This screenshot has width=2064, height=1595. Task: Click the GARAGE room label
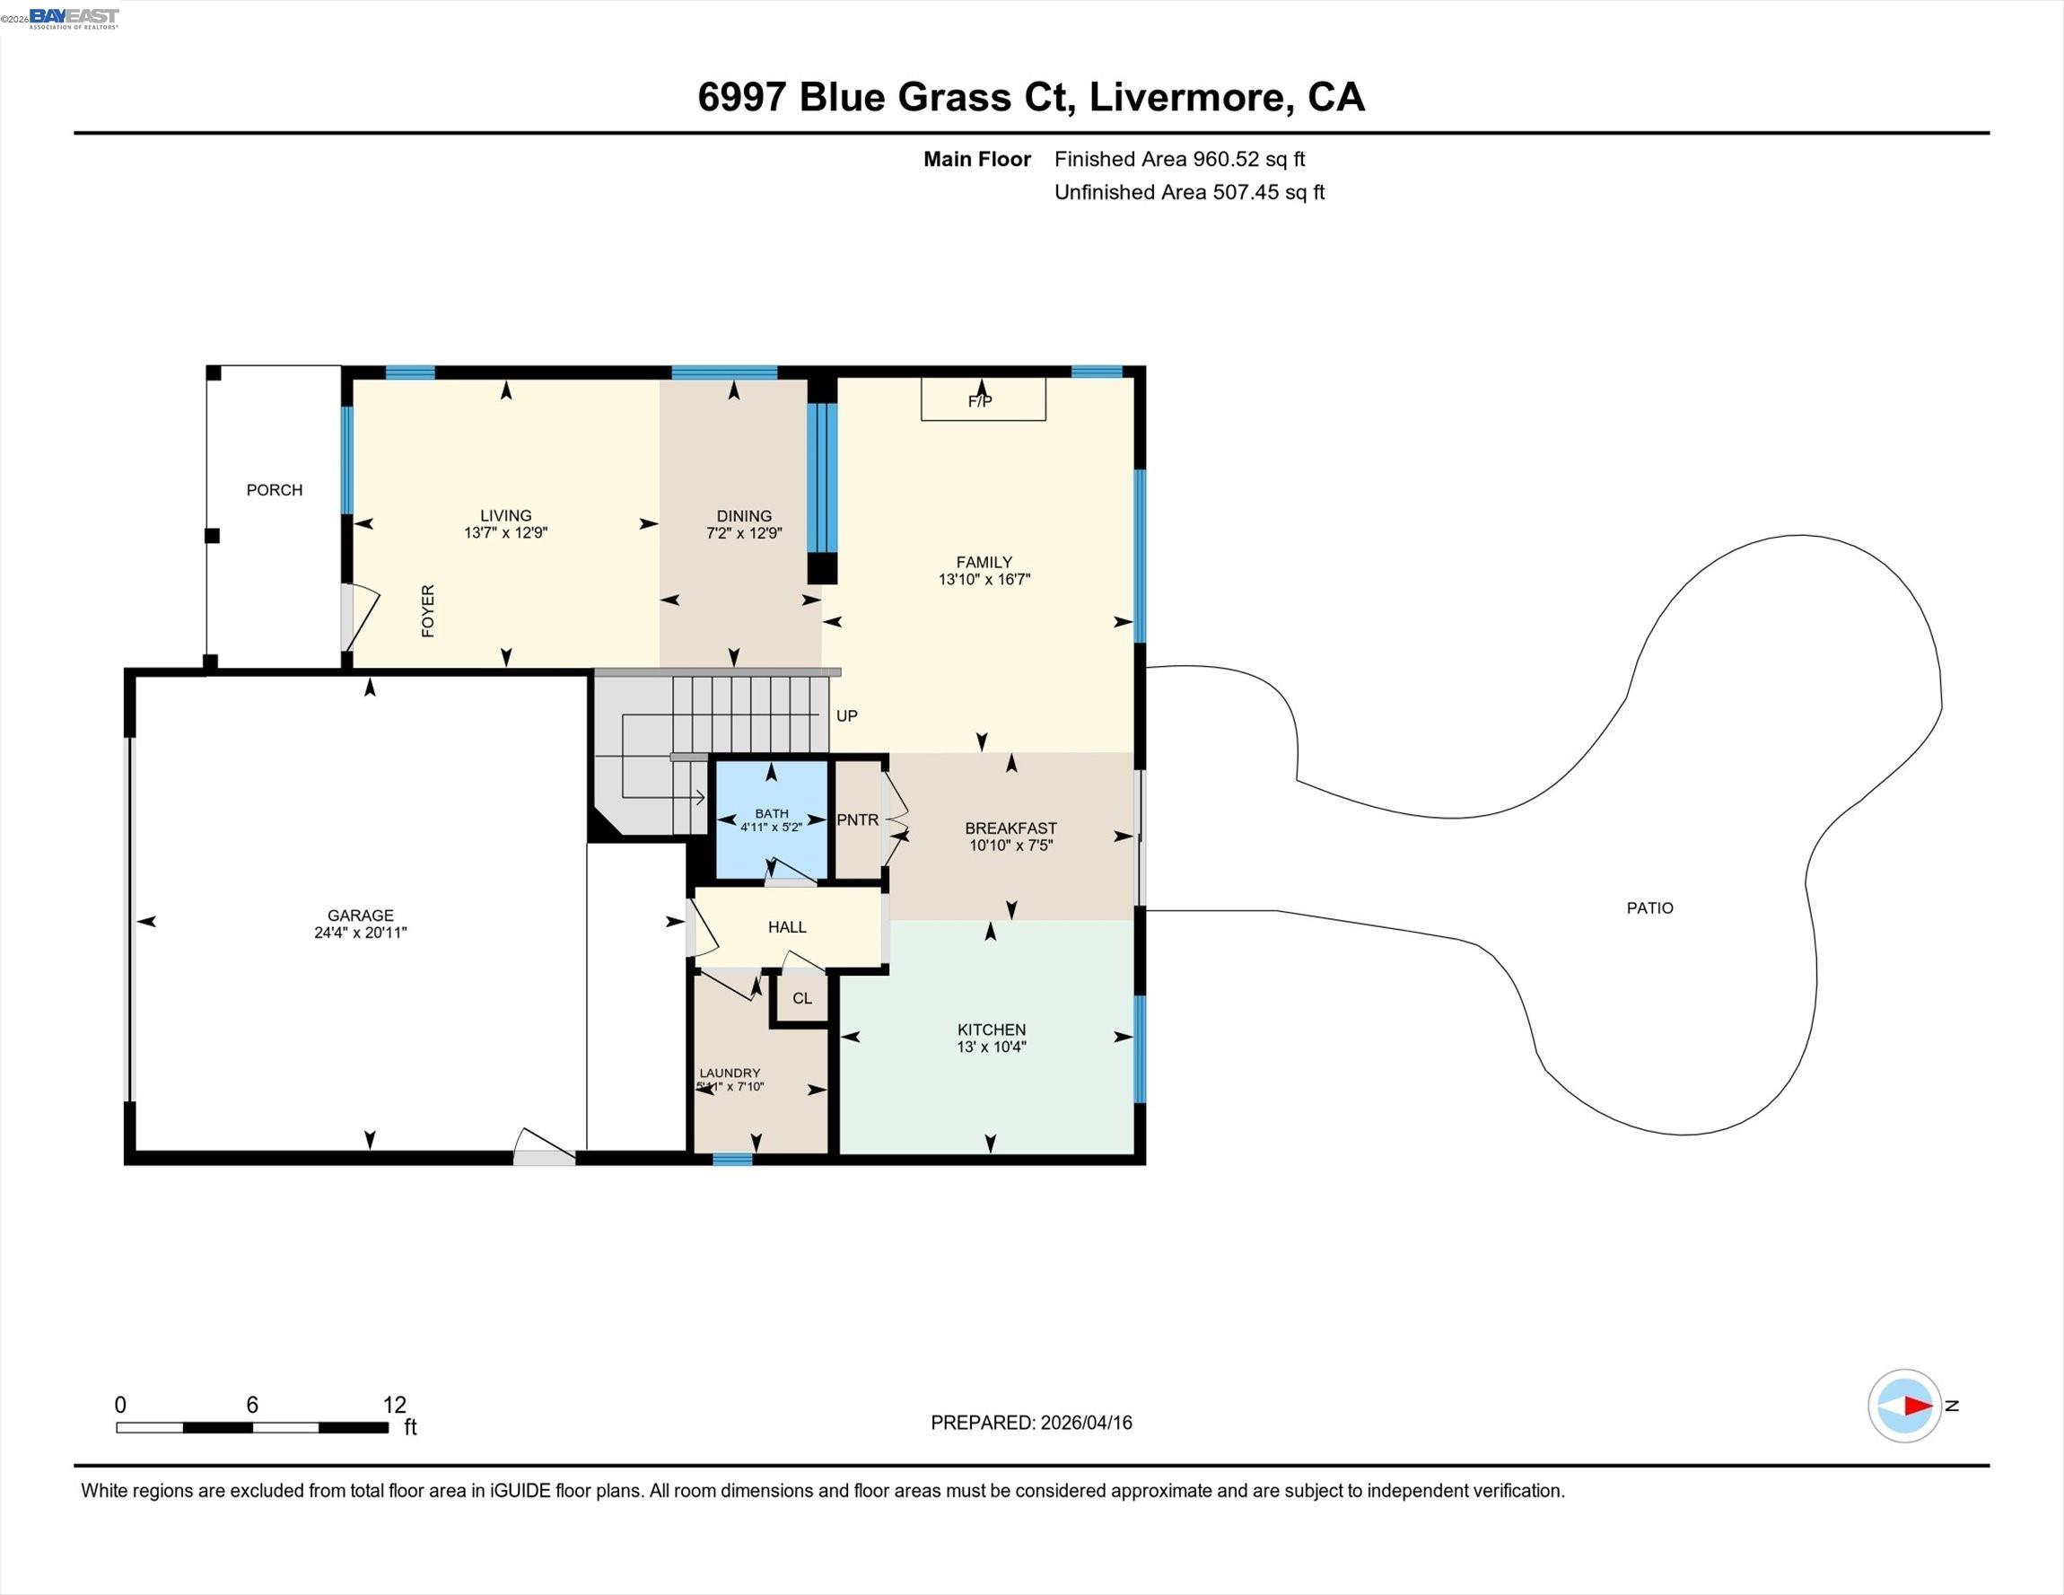[360, 916]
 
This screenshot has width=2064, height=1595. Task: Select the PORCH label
[274, 490]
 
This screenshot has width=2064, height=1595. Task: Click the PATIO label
[1649, 907]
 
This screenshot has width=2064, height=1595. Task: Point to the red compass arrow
[1917, 1406]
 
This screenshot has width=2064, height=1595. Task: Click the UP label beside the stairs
[846, 715]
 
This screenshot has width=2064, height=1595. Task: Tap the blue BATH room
[771, 819]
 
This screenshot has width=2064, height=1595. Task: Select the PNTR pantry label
[857, 819]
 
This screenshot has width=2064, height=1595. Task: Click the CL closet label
[801, 998]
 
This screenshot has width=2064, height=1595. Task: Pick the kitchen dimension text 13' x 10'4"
[991, 1047]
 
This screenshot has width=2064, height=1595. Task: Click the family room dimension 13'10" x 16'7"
[984, 580]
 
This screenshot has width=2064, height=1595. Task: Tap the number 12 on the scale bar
[394, 1405]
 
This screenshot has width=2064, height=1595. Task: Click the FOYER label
[428, 610]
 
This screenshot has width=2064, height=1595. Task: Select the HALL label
[786, 927]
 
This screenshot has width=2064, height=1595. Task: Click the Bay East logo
[74, 18]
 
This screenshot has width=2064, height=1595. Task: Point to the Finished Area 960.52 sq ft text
[1179, 159]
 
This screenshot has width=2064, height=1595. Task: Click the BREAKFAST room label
[1010, 828]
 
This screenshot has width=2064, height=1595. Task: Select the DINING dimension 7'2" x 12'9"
[744, 533]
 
